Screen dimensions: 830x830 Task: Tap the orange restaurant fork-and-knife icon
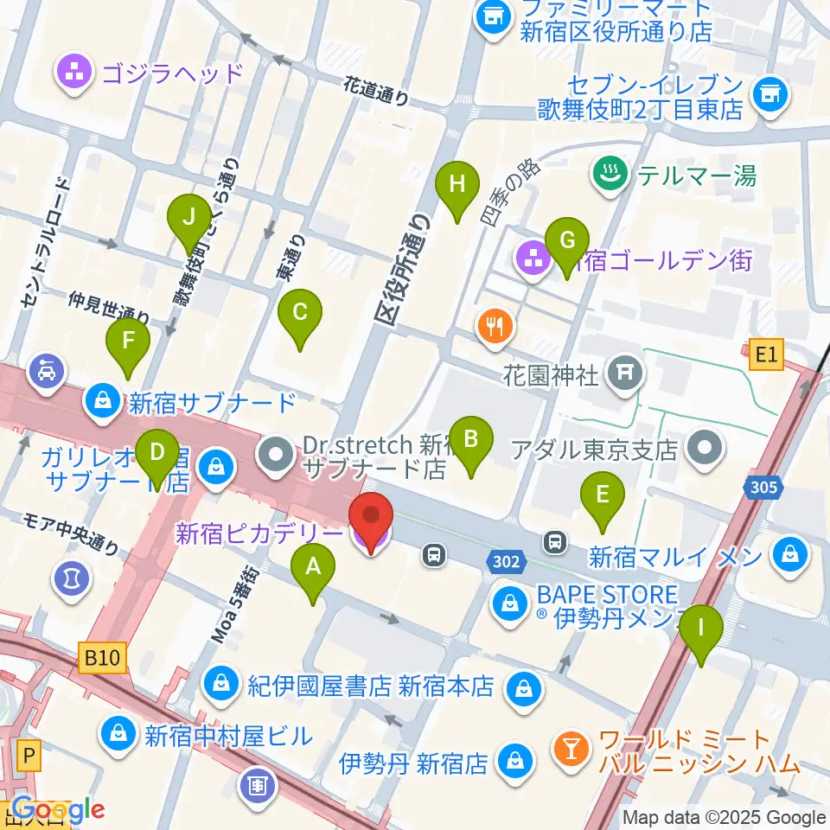(x=495, y=327)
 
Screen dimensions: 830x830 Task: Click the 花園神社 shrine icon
(x=622, y=374)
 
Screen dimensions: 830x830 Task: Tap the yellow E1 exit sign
(x=765, y=354)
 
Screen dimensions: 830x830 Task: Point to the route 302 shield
(x=508, y=561)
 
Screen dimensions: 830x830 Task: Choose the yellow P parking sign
(x=29, y=758)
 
